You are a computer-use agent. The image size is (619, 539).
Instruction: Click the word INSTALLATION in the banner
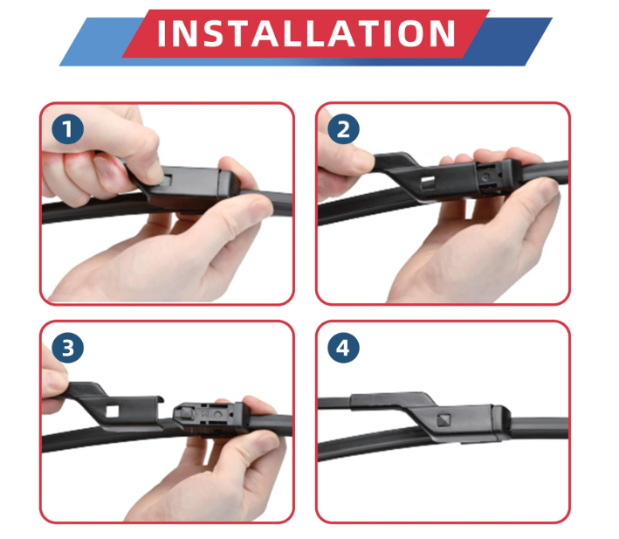pyautogui.click(x=306, y=33)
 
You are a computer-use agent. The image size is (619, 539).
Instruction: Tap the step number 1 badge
pyautogui.click(x=67, y=129)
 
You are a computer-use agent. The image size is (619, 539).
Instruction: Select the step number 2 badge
pyautogui.click(x=343, y=129)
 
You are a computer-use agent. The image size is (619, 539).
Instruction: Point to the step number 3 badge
pyautogui.click(x=67, y=348)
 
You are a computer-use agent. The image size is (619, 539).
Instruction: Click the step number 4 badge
pyautogui.click(x=343, y=348)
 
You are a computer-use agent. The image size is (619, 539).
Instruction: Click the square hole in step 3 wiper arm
pyautogui.click(x=112, y=411)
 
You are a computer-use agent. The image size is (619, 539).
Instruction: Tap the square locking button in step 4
pyautogui.click(x=444, y=419)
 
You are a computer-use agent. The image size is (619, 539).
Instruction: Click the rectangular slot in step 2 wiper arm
pyautogui.click(x=428, y=182)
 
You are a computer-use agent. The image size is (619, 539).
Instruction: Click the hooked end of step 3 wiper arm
pyautogui.click(x=161, y=399)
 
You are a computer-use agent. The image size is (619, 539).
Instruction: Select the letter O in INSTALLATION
pyautogui.click(x=410, y=33)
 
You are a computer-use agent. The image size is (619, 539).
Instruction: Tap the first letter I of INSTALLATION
pyautogui.click(x=161, y=33)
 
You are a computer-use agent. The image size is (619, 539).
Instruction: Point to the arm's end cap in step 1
pyautogui.click(x=230, y=183)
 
